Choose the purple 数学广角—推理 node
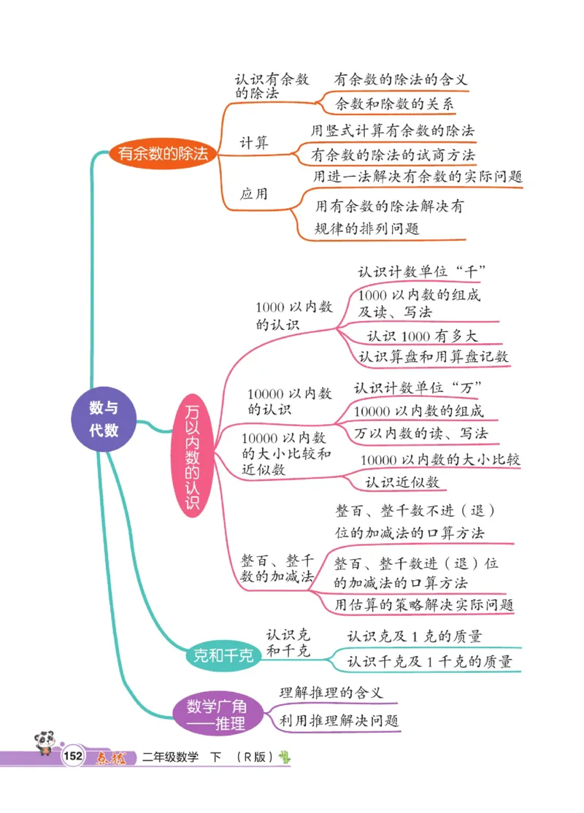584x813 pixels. pyautogui.click(x=217, y=715)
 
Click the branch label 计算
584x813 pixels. pyautogui.click(x=254, y=142)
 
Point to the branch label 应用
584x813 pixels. pyautogui.click(x=254, y=194)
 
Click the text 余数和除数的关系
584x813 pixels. pyautogui.click(x=394, y=104)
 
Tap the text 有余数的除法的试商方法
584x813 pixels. pyautogui.click(x=393, y=155)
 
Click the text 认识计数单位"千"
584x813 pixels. pyautogui.click(x=422, y=271)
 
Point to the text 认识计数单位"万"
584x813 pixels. pyautogui.click(x=420, y=387)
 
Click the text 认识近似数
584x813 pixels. pyautogui.click(x=401, y=482)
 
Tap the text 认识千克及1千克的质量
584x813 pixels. pyautogui.click(x=429, y=661)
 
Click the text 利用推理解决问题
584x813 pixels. pyautogui.click(x=339, y=720)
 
